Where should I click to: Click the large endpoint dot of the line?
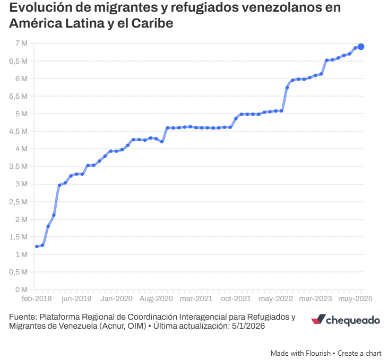click(361, 47)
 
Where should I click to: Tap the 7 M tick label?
click(21, 43)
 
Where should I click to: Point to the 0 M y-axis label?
click(21, 290)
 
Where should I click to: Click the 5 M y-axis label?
click(21, 114)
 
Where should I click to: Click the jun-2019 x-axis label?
click(76, 299)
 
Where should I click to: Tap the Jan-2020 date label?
click(117, 299)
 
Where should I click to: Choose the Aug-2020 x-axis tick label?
click(157, 299)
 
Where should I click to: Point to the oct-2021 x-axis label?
click(236, 299)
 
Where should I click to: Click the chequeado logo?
click(345, 320)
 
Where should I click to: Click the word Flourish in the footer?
click(316, 353)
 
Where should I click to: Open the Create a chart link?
click(359, 353)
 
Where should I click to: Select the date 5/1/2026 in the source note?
click(247, 326)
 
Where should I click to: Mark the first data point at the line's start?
click(37, 246)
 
